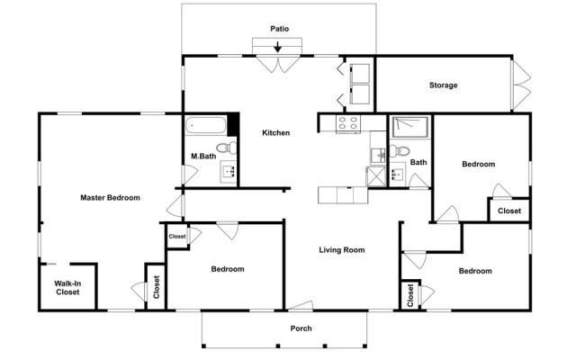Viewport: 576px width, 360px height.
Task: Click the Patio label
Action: (280, 29)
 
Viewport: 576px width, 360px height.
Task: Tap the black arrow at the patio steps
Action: (278, 47)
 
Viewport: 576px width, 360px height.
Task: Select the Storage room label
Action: (444, 85)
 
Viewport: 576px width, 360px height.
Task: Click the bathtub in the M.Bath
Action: (205, 125)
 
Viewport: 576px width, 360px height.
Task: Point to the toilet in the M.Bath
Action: (226, 148)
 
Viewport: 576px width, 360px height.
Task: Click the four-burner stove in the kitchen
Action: (348, 123)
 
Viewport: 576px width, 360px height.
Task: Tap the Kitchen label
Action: (276, 133)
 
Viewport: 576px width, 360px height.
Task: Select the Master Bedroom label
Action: (110, 198)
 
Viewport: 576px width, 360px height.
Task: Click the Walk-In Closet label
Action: (67, 288)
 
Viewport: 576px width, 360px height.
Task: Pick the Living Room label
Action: (342, 250)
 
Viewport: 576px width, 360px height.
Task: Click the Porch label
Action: (301, 328)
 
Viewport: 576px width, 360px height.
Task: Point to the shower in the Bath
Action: (410, 127)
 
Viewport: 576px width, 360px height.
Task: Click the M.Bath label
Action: (203, 156)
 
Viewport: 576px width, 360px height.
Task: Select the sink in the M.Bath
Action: (229, 172)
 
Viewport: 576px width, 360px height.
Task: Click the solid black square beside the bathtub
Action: (233, 124)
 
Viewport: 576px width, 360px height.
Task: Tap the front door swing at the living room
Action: (301, 305)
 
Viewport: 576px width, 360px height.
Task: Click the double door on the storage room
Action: (521, 85)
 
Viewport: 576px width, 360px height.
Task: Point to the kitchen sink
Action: (378, 156)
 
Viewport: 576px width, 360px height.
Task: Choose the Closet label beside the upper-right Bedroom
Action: (509, 211)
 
